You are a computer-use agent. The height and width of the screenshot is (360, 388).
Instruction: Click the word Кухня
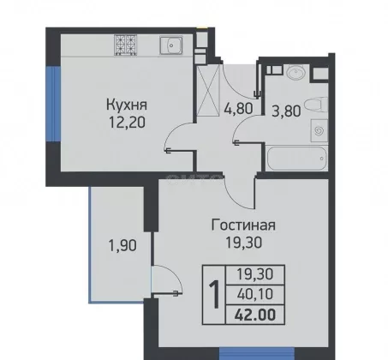click(127, 105)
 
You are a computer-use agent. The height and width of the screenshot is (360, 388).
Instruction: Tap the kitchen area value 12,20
click(127, 123)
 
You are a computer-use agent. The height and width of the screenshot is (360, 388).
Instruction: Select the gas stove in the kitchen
click(126, 45)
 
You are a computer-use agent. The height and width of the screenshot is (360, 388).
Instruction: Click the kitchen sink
click(171, 45)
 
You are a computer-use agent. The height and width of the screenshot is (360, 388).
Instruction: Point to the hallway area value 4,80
click(239, 109)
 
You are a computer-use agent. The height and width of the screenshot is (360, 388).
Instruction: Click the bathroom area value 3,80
click(286, 111)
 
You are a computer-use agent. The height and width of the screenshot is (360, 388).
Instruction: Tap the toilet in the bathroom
click(316, 105)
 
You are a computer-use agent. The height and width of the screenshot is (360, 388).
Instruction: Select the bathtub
click(296, 159)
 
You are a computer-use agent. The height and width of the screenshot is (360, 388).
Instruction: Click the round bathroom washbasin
click(295, 72)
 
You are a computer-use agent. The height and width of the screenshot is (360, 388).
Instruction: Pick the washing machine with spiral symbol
click(319, 130)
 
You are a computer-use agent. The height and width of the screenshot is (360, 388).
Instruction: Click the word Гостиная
click(243, 225)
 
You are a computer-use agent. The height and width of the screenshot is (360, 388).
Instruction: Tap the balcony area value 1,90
click(122, 245)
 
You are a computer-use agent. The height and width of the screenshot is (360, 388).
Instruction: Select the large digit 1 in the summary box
click(214, 295)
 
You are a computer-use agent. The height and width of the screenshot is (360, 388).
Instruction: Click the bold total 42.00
click(255, 315)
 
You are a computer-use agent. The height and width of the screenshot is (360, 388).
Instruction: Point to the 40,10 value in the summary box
click(255, 294)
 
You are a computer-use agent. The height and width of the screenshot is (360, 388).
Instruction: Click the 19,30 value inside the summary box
click(255, 274)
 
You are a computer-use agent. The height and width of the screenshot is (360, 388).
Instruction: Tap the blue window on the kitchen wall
click(53, 104)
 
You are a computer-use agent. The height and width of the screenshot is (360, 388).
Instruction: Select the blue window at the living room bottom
click(257, 354)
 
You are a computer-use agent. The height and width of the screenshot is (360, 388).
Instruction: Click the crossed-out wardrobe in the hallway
click(208, 90)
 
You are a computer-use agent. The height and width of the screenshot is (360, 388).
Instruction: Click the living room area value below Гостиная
click(243, 243)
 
